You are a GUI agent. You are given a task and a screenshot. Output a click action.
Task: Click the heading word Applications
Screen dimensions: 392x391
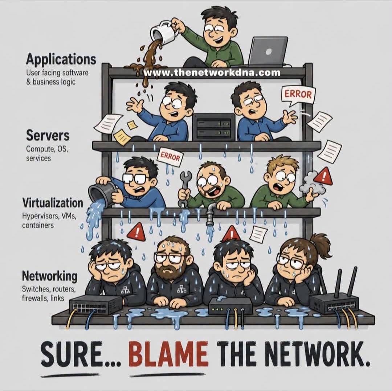(x=61, y=59)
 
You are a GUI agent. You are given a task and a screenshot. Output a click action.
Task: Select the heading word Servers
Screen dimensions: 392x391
(x=48, y=135)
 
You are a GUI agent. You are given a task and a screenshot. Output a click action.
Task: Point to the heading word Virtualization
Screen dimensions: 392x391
(x=53, y=202)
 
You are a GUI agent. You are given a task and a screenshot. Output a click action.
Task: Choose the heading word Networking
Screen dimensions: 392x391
(x=49, y=276)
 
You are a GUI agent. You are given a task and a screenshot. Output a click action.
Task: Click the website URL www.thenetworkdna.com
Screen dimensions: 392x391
(x=212, y=73)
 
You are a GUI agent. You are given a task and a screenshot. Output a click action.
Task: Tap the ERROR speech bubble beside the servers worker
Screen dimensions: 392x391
(x=298, y=95)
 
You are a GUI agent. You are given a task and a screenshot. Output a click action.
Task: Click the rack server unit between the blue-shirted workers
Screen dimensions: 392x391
(x=214, y=127)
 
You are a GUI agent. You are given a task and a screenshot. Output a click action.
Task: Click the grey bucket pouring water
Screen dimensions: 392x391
(x=102, y=193)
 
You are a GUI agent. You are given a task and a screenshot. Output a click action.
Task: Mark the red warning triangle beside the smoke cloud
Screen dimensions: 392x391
(x=323, y=176)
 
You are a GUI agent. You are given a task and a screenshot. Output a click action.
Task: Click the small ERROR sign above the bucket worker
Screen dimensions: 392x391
(x=170, y=157)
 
